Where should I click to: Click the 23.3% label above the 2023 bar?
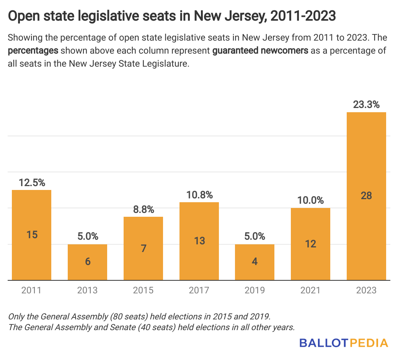pyautogui.click(x=366, y=105)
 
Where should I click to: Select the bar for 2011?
pyautogui.click(x=32, y=235)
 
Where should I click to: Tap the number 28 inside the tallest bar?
pyautogui.click(x=366, y=195)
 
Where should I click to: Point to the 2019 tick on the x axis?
pyautogui.click(x=255, y=290)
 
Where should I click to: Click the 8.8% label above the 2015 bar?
pyautogui.click(x=143, y=209)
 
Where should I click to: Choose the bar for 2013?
pyautogui.click(x=88, y=262)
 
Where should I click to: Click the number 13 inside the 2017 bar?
pyautogui.click(x=199, y=241)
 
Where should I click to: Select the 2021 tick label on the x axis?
pyautogui.click(x=310, y=290)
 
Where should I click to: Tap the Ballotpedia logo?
pyautogui.click(x=343, y=342)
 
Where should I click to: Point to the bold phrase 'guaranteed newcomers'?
pyautogui.click(x=260, y=51)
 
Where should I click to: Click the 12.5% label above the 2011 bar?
pyautogui.click(x=32, y=183)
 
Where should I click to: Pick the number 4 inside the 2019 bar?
pyautogui.click(x=255, y=262)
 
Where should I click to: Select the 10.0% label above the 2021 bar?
pyautogui.click(x=310, y=200)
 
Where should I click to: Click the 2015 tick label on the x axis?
pyautogui.click(x=143, y=290)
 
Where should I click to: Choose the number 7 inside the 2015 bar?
pyautogui.click(x=143, y=248)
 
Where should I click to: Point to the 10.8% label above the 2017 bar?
pyautogui.click(x=199, y=195)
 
